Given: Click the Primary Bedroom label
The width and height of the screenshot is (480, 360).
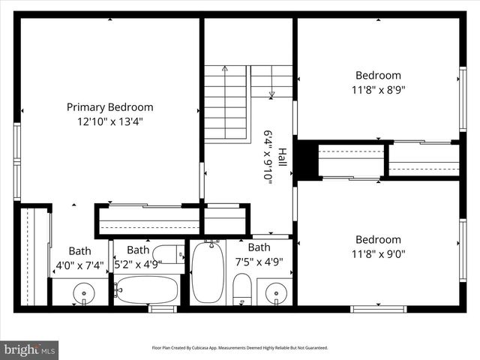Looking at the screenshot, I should click(x=109, y=107).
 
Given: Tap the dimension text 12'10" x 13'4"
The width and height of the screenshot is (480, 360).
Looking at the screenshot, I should click(x=109, y=121).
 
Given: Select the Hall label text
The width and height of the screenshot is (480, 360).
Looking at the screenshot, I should click(x=283, y=157).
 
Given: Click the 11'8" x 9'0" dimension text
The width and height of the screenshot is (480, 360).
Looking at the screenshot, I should click(x=378, y=253).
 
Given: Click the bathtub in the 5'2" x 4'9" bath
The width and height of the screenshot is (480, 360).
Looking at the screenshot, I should click(x=147, y=289).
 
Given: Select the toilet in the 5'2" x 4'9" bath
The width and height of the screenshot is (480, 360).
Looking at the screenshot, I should click(x=168, y=253).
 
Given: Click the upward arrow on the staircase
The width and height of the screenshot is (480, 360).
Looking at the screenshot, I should click(x=224, y=70).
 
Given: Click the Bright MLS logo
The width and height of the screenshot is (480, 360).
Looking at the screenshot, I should click(x=30, y=349).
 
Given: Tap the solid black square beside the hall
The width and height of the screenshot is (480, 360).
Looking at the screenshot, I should click(x=305, y=160).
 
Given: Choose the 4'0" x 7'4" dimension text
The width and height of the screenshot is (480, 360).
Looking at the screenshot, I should click(x=79, y=265).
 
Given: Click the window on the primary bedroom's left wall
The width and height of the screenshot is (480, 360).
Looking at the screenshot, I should click(x=17, y=161).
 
